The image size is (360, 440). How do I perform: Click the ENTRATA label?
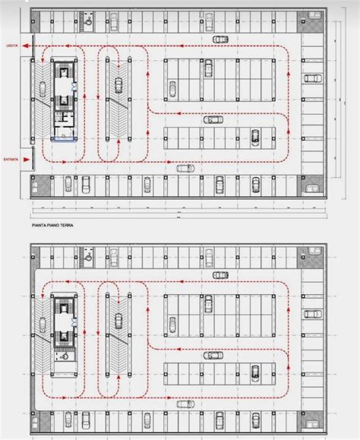tap(11, 159)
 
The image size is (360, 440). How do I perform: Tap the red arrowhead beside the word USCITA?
tap(26, 46)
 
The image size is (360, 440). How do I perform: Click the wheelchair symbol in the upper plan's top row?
tap(89, 23)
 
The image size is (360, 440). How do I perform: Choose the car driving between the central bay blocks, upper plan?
tap(213, 119)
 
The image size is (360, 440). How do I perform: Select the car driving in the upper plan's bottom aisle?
tap(185, 169)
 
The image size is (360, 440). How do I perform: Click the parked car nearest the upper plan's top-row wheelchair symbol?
tap(113, 18)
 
